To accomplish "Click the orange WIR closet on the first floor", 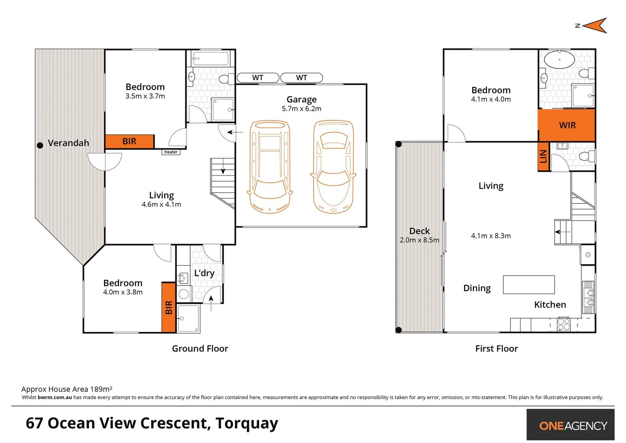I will (x=567, y=125).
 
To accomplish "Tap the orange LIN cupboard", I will (x=543, y=156).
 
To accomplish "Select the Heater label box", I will (x=171, y=152).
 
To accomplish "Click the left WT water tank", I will (x=258, y=78).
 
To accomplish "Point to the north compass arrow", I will (x=595, y=26).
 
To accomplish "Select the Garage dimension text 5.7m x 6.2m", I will (x=301, y=109).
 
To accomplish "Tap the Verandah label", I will (x=68, y=143).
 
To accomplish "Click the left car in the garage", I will (x=269, y=167).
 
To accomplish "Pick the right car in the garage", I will (x=333, y=167).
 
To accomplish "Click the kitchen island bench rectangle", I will (x=528, y=285).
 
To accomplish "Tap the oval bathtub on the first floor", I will (x=559, y=59).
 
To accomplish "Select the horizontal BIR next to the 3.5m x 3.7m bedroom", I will (x=130, y=142).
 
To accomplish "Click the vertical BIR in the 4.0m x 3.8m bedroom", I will (x=168, y=307).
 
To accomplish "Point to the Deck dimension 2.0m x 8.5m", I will (x=419, y=240).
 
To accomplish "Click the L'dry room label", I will (x=204, y=273).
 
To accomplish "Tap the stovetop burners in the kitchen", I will (x=563, y=324).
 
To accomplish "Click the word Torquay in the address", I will (x=247, y=423).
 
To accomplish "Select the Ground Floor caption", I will (x=200, y=349).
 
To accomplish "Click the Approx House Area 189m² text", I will (x=67, y=389).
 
